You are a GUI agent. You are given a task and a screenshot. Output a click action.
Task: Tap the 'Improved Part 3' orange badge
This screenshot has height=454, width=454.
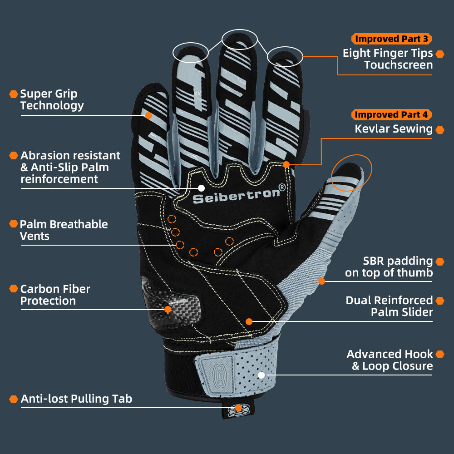coord(391,39)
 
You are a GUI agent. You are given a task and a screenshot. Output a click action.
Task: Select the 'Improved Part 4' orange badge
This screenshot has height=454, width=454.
coord(391,114)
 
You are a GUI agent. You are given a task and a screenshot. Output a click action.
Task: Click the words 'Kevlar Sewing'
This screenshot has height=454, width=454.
coord(393,129)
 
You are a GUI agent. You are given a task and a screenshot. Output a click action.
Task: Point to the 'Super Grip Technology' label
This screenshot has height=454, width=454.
coord(52,100)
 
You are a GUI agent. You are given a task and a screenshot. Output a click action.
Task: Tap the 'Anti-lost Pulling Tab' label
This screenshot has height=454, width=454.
coord(76,399)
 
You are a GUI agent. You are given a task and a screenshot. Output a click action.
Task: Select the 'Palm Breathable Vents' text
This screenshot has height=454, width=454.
coord(64,230)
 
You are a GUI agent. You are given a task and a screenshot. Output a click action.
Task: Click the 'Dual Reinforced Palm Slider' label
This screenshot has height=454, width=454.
coord(389,306)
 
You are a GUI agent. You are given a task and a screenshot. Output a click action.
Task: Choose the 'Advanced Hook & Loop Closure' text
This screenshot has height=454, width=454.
coord(390,360)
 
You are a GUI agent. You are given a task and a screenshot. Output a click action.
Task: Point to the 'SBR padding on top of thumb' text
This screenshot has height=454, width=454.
coord(389,266)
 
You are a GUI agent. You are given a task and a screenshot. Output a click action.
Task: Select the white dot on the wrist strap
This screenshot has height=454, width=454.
coord(261,375)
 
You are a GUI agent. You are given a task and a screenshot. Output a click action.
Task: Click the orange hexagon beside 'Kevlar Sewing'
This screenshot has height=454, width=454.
coord(439,130)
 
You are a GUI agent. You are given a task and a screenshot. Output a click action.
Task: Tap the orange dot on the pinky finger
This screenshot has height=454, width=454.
coord(148,115)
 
